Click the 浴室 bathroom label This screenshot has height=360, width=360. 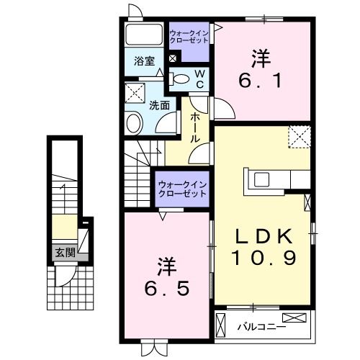(145, 61)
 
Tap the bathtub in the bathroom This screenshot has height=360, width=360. (145, 35)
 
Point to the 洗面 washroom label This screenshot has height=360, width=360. (159, 104)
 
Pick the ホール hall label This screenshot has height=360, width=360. (195, 128)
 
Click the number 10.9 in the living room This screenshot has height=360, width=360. (264, 257)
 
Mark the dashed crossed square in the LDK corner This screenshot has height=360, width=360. (298, 136)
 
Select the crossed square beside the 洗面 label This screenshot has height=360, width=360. (135, 92)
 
